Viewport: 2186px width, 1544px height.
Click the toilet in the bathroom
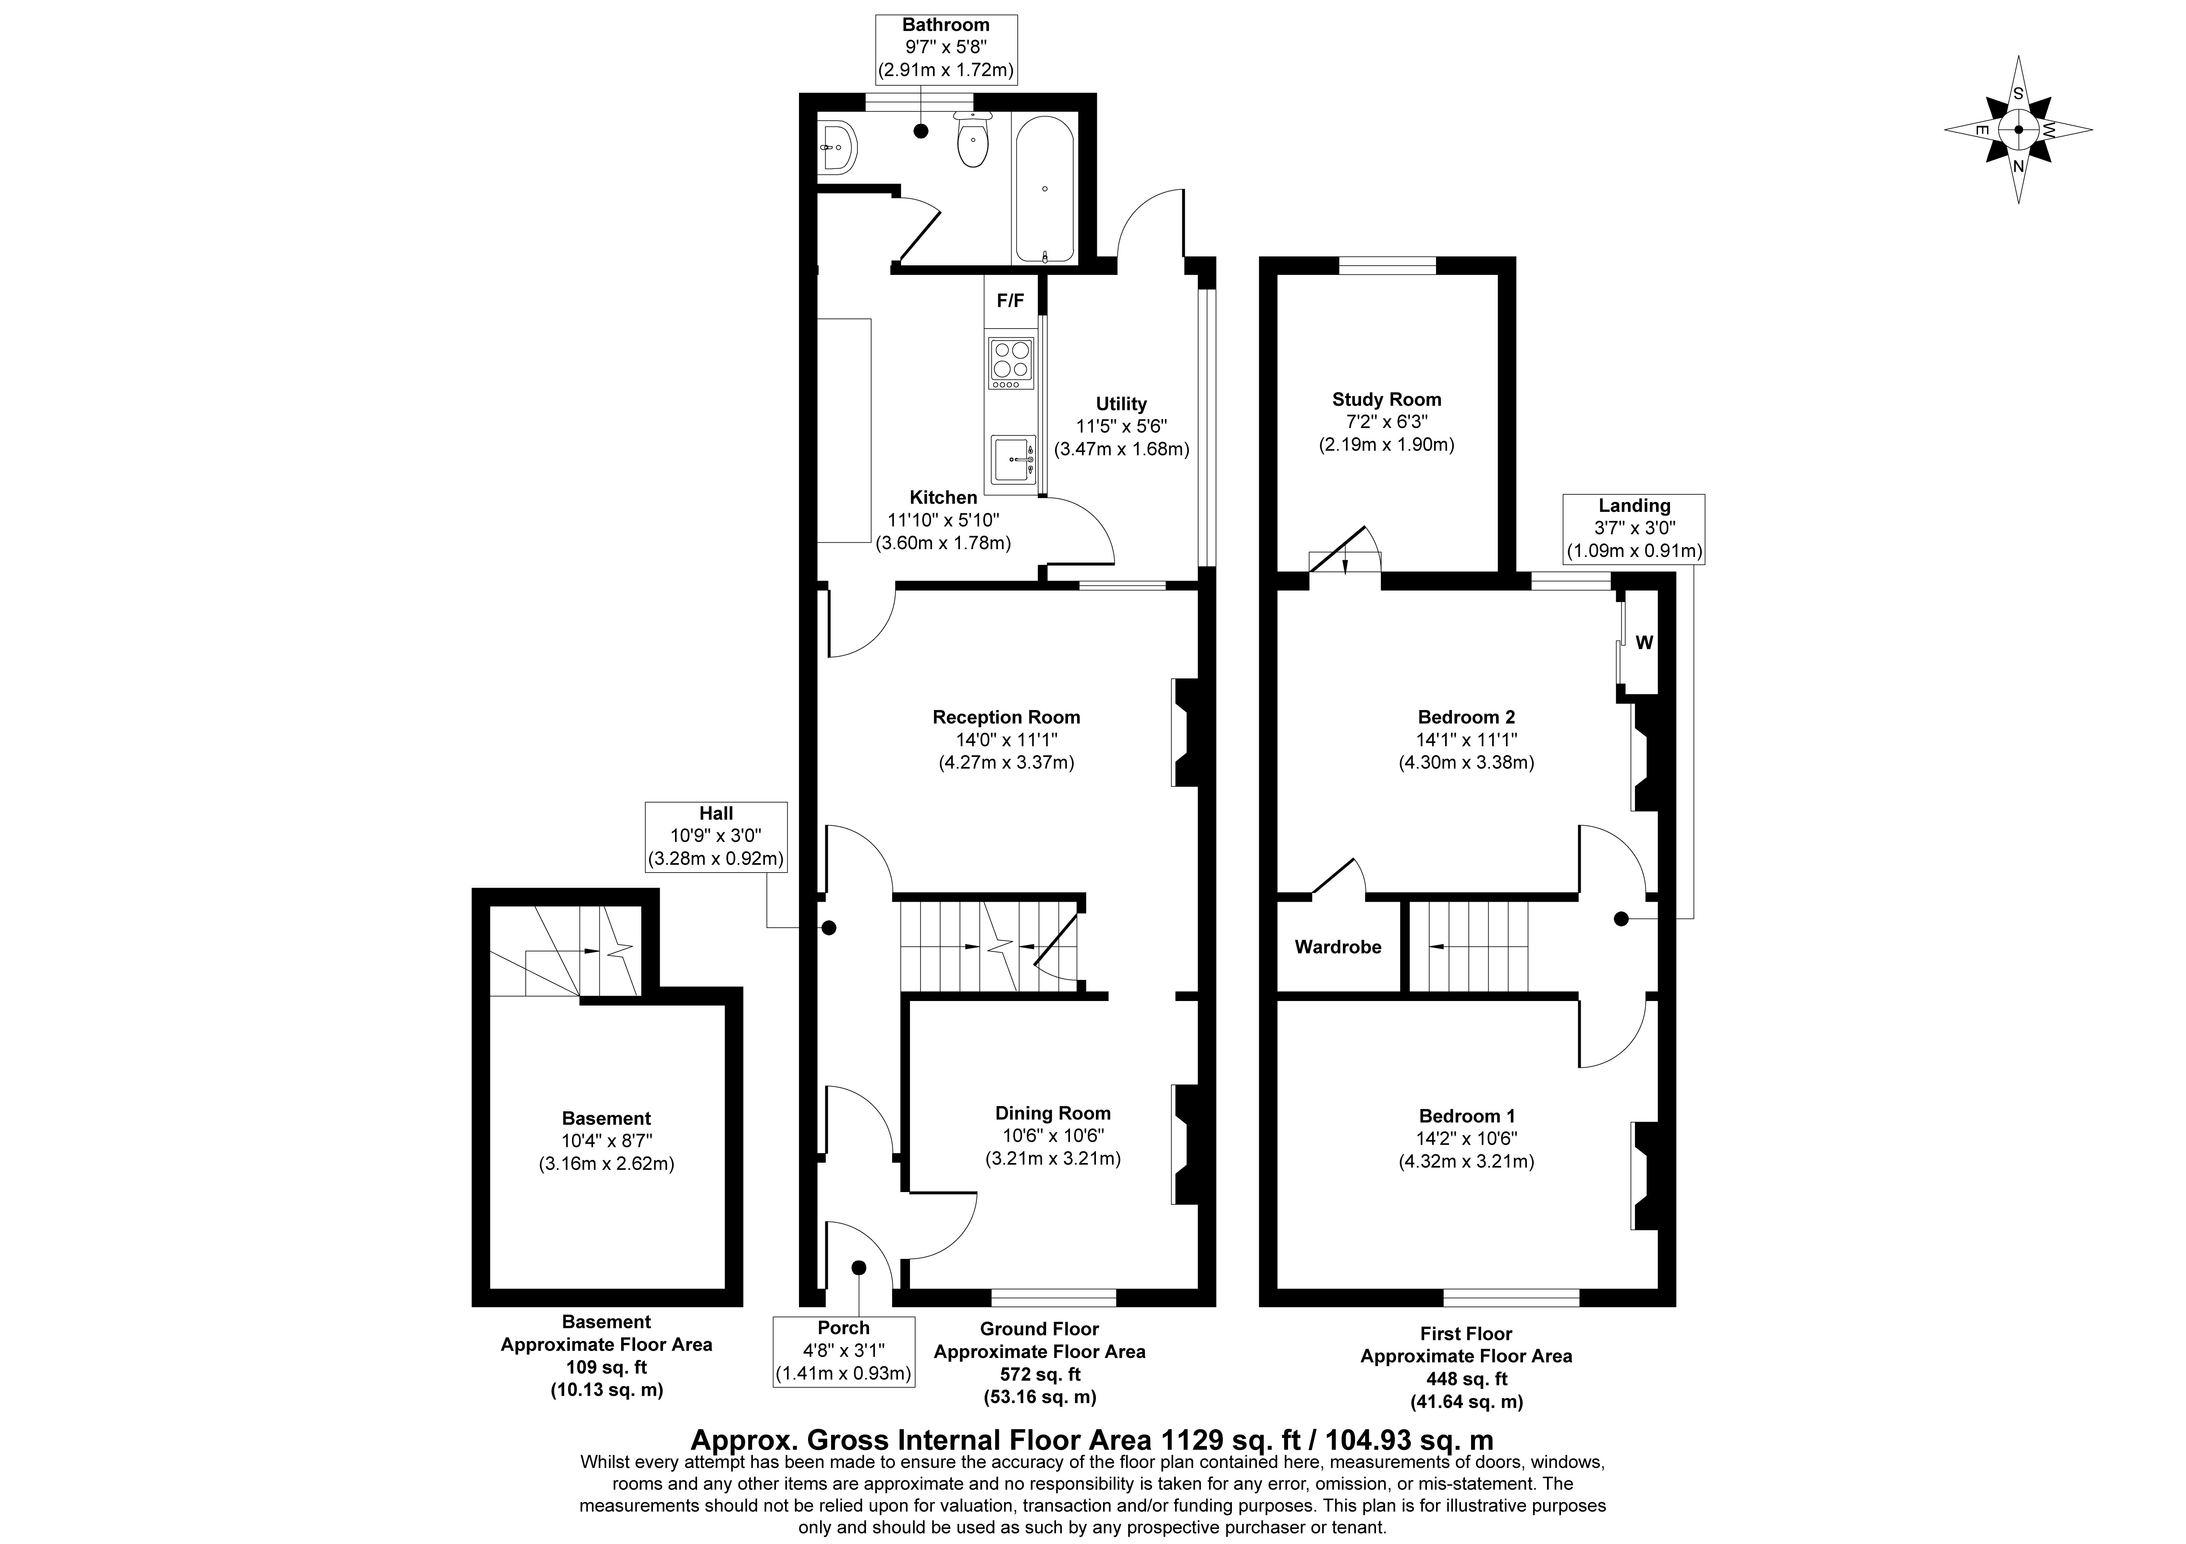(x=972, y=143)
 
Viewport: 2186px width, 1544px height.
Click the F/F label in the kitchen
(x=1010, y=301)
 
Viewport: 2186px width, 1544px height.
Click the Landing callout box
(x=1634, y=528)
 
